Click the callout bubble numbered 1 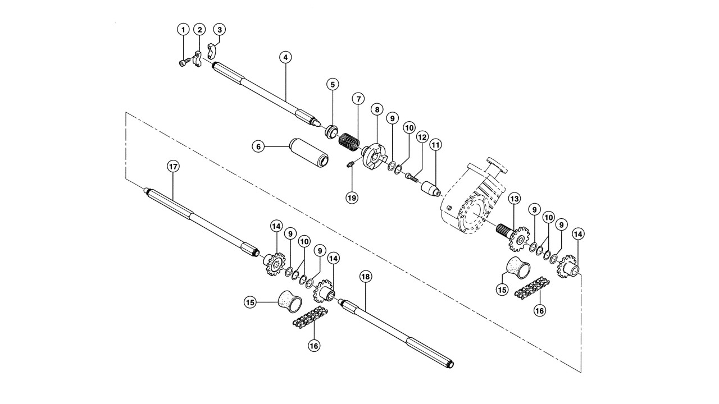click(183, 30)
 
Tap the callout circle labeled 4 click(285, 58)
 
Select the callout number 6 click(258, 147)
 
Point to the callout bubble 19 click(352, 198)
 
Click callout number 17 click(173, 167)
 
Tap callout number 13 click(514, 199)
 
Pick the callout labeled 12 click(422, 137)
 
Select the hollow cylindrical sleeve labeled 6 click(309, 153)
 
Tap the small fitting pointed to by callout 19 click(352, 165)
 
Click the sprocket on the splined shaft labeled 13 click(518, 239)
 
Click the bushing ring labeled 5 click(331, 132)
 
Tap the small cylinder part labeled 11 click(430, 189)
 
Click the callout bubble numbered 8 click(377, 109)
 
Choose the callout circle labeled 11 click(435, 145)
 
